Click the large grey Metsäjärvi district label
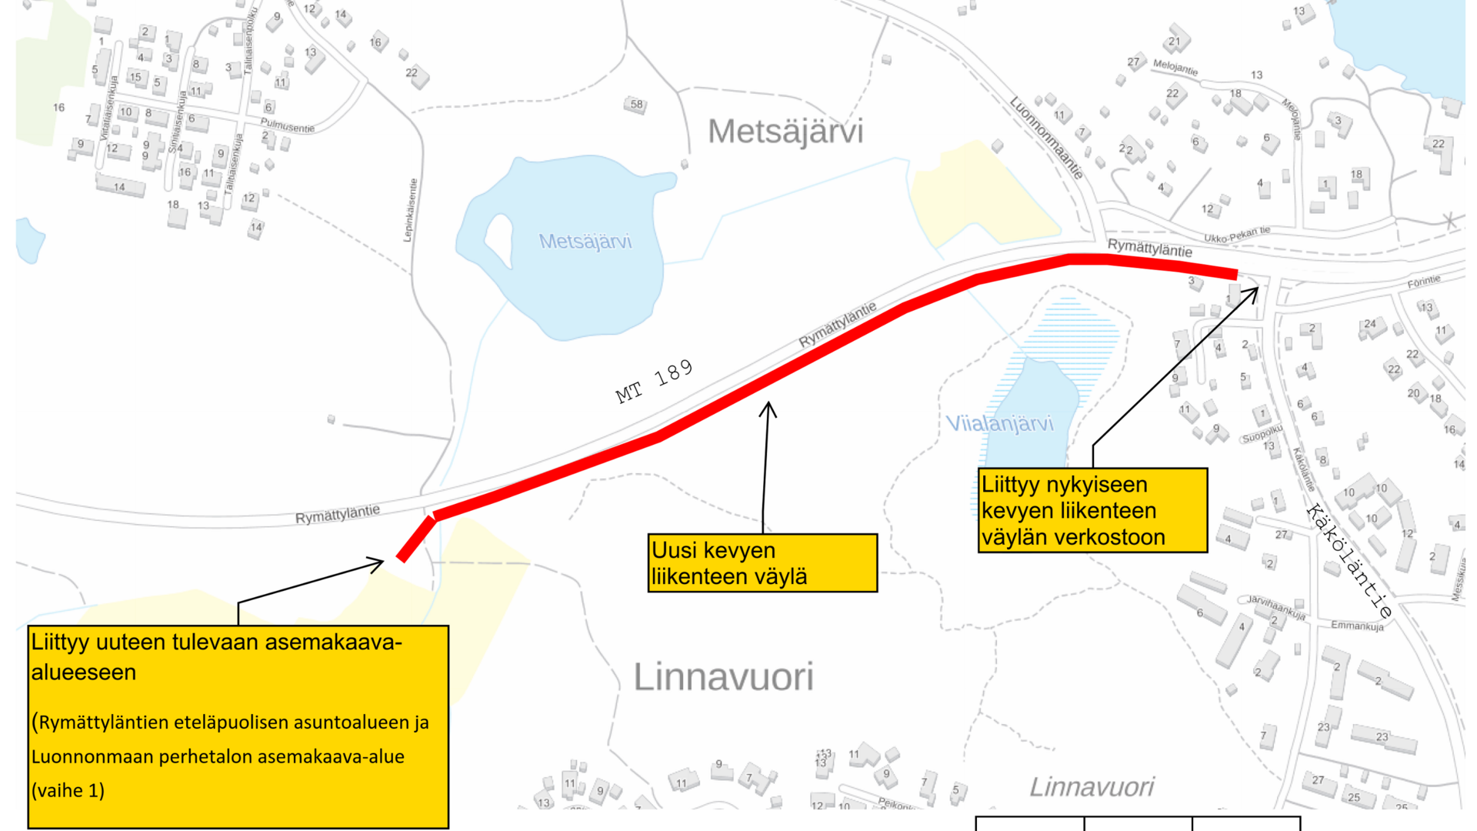click(x=785, y=132)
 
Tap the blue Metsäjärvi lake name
click(x=585, y=242)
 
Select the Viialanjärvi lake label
click(x=999, y=423)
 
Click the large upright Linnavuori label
click(x=723, y=677)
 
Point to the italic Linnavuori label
click(x=1092, y=786)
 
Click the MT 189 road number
click(x=654, y=382)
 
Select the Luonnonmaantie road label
click(x=1046, y=138)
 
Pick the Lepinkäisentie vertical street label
click(x=412, y=210)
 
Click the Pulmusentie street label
click(x=287, y=125)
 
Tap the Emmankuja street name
click(x=1357, y=626)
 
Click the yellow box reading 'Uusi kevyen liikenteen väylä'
click(x=762, y=563)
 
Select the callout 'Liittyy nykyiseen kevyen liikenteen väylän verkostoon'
click(x=1092, y=510)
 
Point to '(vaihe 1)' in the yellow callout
click(x=68, y=790)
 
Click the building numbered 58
click(x=635, y=104)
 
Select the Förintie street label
click(x=1423, y=282)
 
